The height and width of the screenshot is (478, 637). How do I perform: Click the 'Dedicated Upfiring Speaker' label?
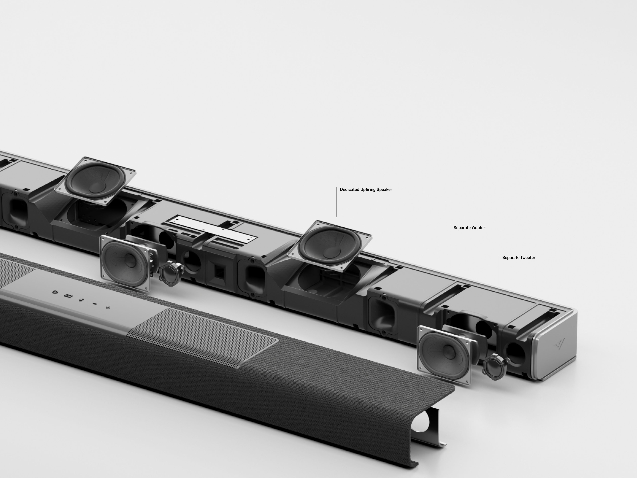366,190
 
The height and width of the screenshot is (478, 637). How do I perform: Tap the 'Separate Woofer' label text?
469,228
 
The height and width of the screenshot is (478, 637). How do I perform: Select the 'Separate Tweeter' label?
519,258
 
